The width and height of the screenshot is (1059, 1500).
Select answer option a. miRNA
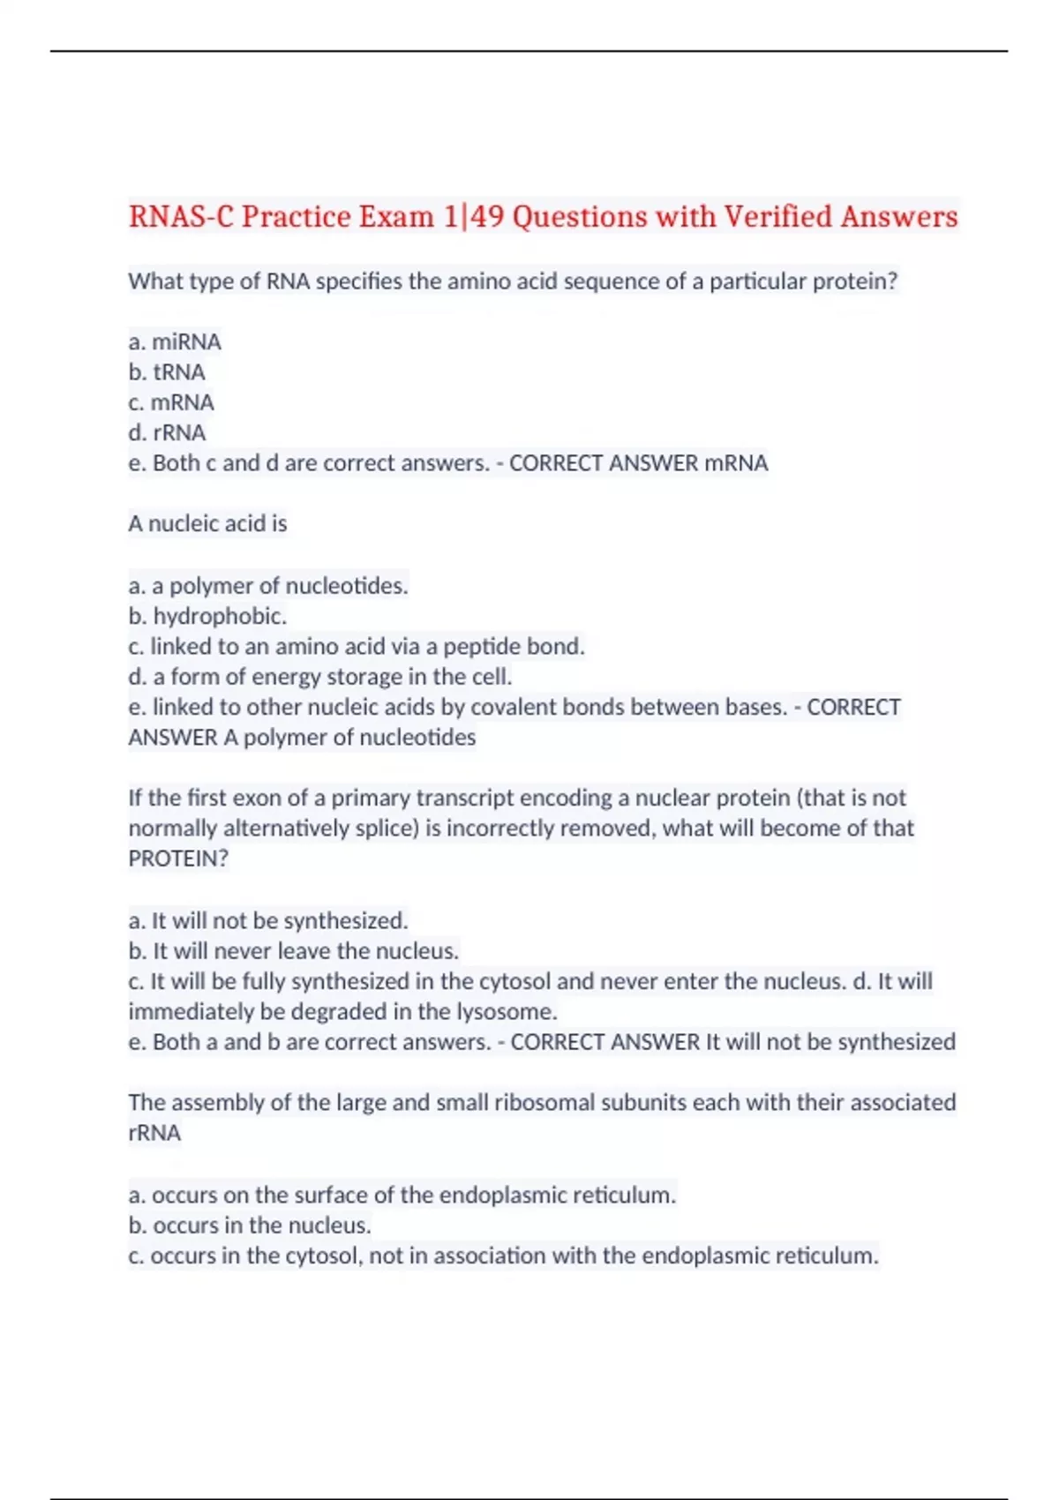175,341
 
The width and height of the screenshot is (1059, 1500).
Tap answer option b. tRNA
167,372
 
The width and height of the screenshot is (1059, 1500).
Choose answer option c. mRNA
171,402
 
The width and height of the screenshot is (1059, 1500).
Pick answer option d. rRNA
167,432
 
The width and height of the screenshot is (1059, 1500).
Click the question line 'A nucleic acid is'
207,524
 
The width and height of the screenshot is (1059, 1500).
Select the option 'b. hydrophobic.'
207,616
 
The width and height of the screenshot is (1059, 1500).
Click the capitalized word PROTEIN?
178,859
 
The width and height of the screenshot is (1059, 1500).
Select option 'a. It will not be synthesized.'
268,921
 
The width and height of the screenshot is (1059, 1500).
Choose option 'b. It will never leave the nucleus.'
294,951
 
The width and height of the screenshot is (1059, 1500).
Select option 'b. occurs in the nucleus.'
250,1226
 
